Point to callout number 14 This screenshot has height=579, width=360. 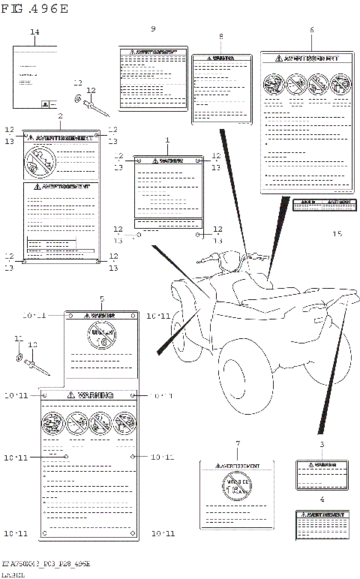click(34, 31)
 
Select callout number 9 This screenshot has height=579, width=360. click(153, 28)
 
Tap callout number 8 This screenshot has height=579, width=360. click(220, 37)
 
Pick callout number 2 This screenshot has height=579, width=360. click(60, 116)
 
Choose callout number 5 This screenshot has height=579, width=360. click(102, 298)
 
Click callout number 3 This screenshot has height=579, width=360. click(322, 445)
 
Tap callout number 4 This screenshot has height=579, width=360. click(322, 499)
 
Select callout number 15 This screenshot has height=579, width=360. click(337, 234)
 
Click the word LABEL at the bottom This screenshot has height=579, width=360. click(13, 573)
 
